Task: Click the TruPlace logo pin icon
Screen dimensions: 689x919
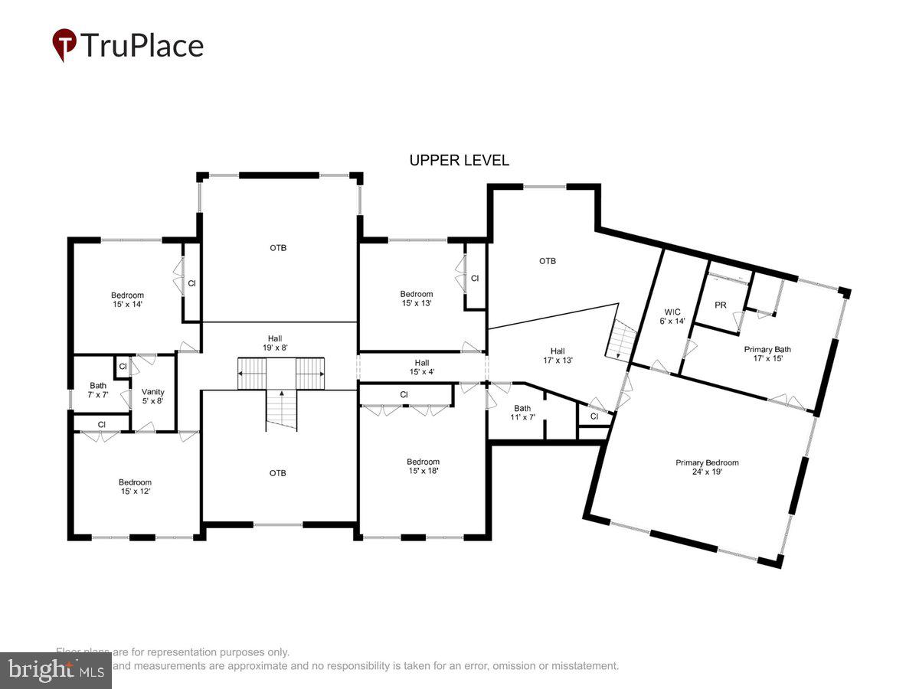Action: click(x=64, y=44)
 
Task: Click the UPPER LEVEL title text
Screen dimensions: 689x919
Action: click(x=459, y=161)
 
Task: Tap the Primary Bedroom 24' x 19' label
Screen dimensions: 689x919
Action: click(x=706, y=467)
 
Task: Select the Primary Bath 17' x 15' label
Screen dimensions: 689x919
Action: click(x=767, y=354)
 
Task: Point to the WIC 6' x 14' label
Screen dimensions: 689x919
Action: click(x=672, y=316)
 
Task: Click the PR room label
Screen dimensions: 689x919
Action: click(x=720, y=305)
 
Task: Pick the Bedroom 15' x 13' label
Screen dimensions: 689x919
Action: click(x=417, y=299)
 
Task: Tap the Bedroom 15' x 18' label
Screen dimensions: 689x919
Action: click(x=423, y=466)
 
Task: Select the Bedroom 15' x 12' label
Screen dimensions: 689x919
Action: click(x=135, y=487)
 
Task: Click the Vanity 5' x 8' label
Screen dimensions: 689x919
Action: click(x=153, y=396)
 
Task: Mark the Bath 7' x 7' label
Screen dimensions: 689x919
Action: click(x=98, y=390)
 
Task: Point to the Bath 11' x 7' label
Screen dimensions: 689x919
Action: click(x=522, y=413)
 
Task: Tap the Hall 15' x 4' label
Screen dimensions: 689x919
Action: click(x=422, y=367)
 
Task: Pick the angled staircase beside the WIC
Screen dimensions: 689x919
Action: click(x=620, y=341)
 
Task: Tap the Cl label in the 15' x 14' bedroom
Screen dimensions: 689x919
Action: click(x=192, y=283)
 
